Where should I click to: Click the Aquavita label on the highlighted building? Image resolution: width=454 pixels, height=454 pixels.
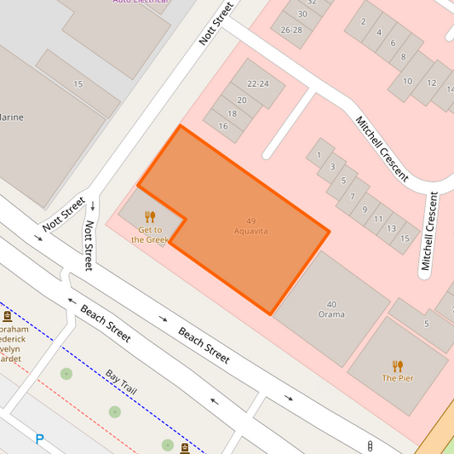[x=251, y=231]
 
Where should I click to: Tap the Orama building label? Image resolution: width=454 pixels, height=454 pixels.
[x=331, y=314]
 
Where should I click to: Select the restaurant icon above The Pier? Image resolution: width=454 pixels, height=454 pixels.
[x=398, y=366]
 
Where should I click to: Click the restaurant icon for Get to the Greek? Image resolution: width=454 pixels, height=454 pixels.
[x=150, y=216]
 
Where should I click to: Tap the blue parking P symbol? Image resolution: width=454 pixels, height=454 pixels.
[x=39, y=440]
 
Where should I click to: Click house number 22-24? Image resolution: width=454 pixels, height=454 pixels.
[x=257, y=83]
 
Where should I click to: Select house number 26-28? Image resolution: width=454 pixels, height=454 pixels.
[x=291, y=29]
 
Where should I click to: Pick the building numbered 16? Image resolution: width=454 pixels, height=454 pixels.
[x=223, y=126]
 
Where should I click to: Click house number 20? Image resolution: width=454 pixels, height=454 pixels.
[x=242, y=100]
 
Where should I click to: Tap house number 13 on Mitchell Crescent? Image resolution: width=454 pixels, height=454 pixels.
[x=391, y=228]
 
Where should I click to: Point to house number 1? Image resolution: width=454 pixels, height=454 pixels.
[x=319, y=155]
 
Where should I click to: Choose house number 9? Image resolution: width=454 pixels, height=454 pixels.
[x=365, y=209]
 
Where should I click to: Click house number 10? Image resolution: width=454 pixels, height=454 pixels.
[x=408, y=82]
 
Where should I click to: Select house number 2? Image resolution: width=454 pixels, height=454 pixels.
[x=364, y=21]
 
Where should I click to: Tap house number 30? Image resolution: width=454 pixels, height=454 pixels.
[x=302, y=14]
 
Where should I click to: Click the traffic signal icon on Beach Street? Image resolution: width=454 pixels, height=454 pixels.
[x=370, y=445]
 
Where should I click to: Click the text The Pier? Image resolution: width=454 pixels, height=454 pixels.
[x=398, y=378]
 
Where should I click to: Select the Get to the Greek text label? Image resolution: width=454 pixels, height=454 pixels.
[x=150, y=234]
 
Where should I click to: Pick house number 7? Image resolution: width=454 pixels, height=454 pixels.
[x=352, y=196]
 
